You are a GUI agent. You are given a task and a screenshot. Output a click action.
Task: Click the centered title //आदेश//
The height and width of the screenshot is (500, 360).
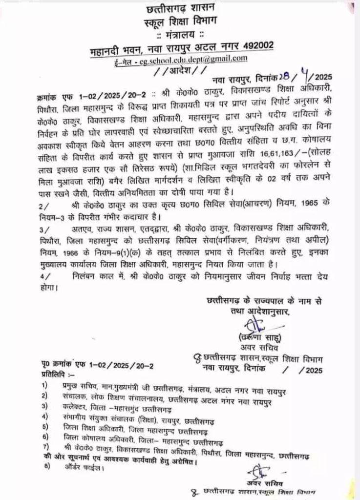pyautogui.click(x=176, y=69)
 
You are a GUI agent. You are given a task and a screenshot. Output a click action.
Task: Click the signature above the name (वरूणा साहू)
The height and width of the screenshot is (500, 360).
pyautogui.click(x=254, y=324)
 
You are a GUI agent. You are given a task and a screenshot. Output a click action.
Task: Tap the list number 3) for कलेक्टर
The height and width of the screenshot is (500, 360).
pyautogui.click(x=44, y=405)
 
